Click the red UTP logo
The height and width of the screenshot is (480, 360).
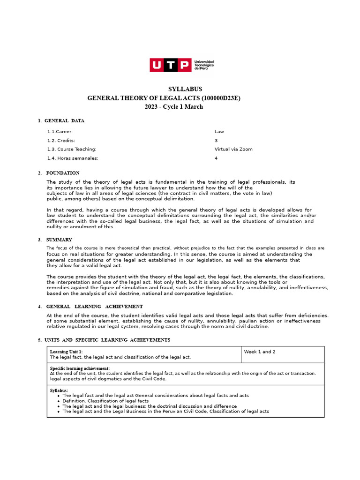coord(170,65)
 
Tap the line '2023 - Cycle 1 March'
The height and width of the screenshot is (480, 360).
coord(174,107)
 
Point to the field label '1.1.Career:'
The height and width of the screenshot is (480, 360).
coord(60,132)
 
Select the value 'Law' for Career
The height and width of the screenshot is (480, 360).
coord(219,132)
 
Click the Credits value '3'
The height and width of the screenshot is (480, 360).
coord(216,141)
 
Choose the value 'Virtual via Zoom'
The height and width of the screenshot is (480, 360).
coord(233,150)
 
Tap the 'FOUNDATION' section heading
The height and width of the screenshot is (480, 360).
coord(63,173)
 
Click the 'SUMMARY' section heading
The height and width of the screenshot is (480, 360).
coord(59,240)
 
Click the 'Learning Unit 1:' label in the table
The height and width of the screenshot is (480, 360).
coord(66,352)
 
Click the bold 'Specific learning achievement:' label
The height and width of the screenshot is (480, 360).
coord(80,368)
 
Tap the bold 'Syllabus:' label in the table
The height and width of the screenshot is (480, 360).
coord(59,390)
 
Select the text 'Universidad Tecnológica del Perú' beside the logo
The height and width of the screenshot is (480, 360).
coord(204,65)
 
